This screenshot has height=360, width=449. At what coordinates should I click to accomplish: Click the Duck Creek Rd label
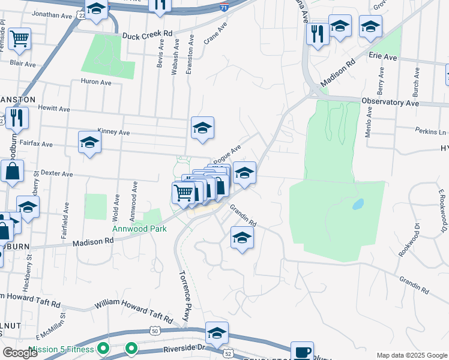pyautogui.click(x=147, y=35)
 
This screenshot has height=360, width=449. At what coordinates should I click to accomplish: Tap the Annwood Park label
pyautogui.click(x=138, y=229)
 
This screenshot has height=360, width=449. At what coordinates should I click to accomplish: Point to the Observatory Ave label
pyautogui.click(x=390, y=103)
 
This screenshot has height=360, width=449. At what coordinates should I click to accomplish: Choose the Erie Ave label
pyautogui.click(x=384, y=58)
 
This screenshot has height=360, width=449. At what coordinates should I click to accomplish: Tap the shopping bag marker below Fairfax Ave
pyautogui.click(x=12, y=172)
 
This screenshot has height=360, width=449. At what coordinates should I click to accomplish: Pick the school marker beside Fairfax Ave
pyautogui.click(x=89, y=143)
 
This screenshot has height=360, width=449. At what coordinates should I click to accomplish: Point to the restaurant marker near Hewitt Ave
pyautogui.click(x=16, y=118)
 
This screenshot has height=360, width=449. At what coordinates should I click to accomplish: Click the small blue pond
pyautogui.click(x=358, y=204)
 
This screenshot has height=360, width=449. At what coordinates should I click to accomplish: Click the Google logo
pyautogui.click(x=20, y=353)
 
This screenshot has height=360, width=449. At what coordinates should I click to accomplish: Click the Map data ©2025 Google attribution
pyautogui.click(x=411, y=355)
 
